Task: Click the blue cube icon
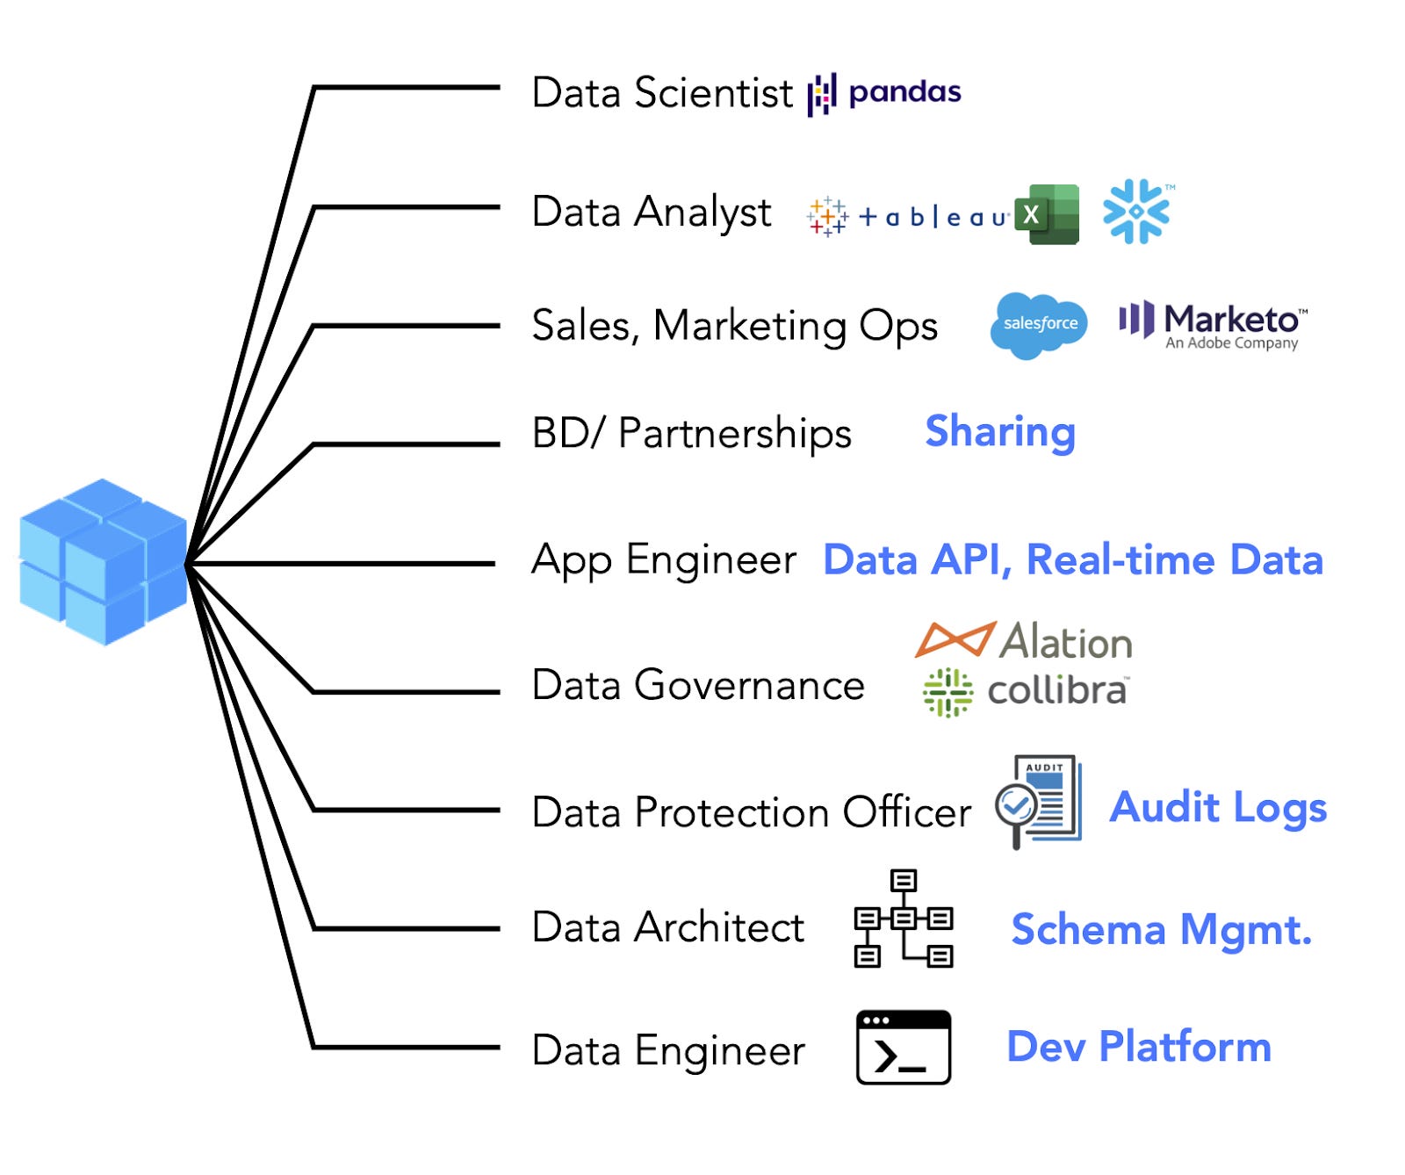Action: click(x=103, y=562)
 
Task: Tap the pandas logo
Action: click(x=884, y=93)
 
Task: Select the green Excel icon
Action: click(x=1047, y=214)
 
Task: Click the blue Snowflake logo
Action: click(x=1136, y=212)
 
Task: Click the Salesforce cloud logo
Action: click(x=1039, y=325)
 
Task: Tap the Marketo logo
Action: click(x=1213, y=325)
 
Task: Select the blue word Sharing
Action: click(x=1000, y=432)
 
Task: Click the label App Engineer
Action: click(x=664, y=560)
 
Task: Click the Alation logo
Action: click(x=1024, y=641)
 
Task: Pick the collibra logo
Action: click(x=1026, y=692)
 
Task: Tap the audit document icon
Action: click(x=1039, y=801)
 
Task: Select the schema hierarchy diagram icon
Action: click(x=904, y=919)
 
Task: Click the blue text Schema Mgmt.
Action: click(x=1161, y=930)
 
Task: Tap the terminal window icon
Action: click(x=904, y=1047)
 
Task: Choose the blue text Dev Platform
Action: click(x=1139, y=1047)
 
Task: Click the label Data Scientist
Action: click(x=662, y=93)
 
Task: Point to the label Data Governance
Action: click(x=698, y=685)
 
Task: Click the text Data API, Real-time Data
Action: click(x=1072, y=560)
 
